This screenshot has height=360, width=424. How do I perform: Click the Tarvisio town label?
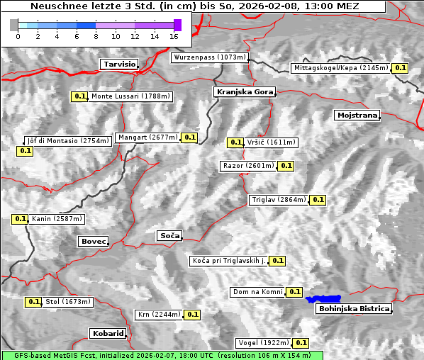(118, 64)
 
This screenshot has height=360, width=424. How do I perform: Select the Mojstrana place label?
(357, 115)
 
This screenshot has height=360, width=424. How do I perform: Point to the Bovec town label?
(93, 242)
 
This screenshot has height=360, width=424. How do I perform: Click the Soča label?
(169, 235)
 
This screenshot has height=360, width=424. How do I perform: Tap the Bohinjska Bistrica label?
(353, 309)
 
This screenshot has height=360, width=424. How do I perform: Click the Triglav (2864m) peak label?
(279, 200)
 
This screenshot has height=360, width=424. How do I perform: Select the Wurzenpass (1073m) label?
(210, 57)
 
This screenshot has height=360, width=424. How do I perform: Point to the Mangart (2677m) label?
(147, 137)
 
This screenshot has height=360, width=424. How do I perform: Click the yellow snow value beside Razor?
(286, 166)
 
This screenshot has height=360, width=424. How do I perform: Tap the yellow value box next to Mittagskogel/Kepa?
(401, 68)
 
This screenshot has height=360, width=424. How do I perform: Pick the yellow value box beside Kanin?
(20, 219)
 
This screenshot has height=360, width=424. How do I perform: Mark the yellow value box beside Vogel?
(301, 343)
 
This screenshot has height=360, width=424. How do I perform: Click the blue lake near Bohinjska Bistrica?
(323, 299)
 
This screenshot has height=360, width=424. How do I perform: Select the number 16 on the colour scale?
(174, 35)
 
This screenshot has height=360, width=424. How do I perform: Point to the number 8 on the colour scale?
(96, 35)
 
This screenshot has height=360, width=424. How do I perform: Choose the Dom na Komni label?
(257, 292)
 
